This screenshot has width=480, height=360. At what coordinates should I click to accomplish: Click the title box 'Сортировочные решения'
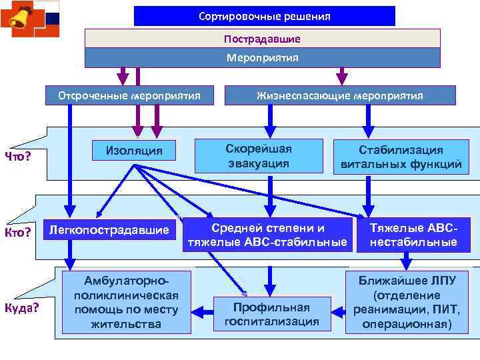click(264, 16)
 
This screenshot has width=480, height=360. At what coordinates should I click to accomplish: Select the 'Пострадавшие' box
click(262, 39)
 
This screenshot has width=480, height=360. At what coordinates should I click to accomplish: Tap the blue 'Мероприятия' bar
click(262, 58)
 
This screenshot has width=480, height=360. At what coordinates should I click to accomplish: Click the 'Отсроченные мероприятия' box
click(129, 95)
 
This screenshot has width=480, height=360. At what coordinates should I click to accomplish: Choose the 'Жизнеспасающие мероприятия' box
click(339, 95)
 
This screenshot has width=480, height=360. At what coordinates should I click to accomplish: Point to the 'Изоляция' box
click(134, 150)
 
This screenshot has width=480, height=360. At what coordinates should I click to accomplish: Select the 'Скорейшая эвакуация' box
click(258, 156)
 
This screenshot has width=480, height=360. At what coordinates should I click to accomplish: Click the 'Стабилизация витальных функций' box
click(401, 157)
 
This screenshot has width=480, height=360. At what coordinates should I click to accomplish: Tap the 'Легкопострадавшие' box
click(109, 231)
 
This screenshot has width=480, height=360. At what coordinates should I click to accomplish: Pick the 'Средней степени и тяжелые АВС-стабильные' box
click(267, 235)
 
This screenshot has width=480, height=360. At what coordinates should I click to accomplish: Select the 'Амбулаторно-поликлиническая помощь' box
click(127, 301)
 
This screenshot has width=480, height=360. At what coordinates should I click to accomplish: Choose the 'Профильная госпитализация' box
click(271, 315)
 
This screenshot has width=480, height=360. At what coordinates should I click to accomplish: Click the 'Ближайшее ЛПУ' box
click(406, 302)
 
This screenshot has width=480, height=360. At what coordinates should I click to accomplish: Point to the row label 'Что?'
click(19, 157)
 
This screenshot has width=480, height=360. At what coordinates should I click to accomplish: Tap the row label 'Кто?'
click(19, 232)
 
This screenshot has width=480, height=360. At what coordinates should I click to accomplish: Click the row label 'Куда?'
click(21, 308)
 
